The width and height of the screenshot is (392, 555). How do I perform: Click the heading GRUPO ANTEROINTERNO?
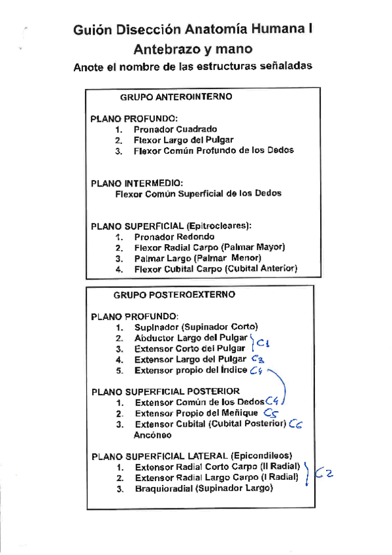(x=176, y=97)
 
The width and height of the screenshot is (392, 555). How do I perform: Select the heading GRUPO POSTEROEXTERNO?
(x=174, y=295)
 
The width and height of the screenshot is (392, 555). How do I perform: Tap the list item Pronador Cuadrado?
(x=175, y=129)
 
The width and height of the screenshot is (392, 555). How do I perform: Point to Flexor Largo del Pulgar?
(x=184, y=139)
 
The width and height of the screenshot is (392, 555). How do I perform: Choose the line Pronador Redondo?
(x=174, y=236)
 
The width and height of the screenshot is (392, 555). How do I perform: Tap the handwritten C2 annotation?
(x=324, y=473)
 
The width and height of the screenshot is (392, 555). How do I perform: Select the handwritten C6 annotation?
(x=295, y=424)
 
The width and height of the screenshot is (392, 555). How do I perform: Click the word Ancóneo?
(x=152, y=435)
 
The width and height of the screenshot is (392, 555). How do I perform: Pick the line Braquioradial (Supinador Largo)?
(x=203, y=488)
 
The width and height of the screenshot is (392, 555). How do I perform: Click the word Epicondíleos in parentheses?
(x=261, y=456)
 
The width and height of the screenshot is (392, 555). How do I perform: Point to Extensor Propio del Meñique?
(x=196, y=414)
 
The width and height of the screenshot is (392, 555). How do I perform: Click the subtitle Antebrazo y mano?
(x=193, y=49)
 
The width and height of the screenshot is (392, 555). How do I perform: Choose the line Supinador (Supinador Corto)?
(x=196, y=327)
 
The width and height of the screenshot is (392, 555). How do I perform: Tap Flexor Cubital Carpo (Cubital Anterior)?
(x=216, y=268)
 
